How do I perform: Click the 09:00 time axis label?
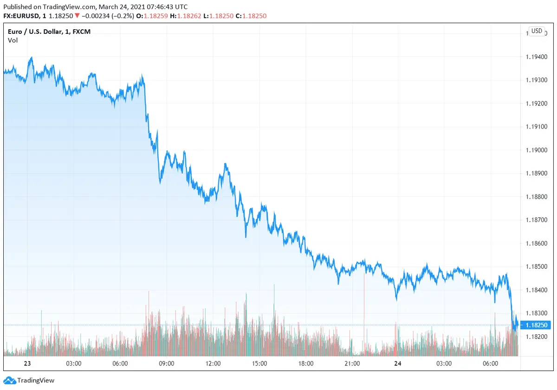[x=167, y=363]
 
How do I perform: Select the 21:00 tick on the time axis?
[x=352, y=363]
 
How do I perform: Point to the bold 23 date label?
[x=27, y=363]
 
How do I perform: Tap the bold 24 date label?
[x=398, y=363]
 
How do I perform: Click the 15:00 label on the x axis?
[x=259, y=363]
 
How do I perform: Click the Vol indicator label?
[x=12, y=40]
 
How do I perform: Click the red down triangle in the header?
[x=77, y=16]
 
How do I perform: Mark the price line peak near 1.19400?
[x=31, y=58]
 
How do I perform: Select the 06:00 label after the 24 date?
[x=490, y=363]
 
